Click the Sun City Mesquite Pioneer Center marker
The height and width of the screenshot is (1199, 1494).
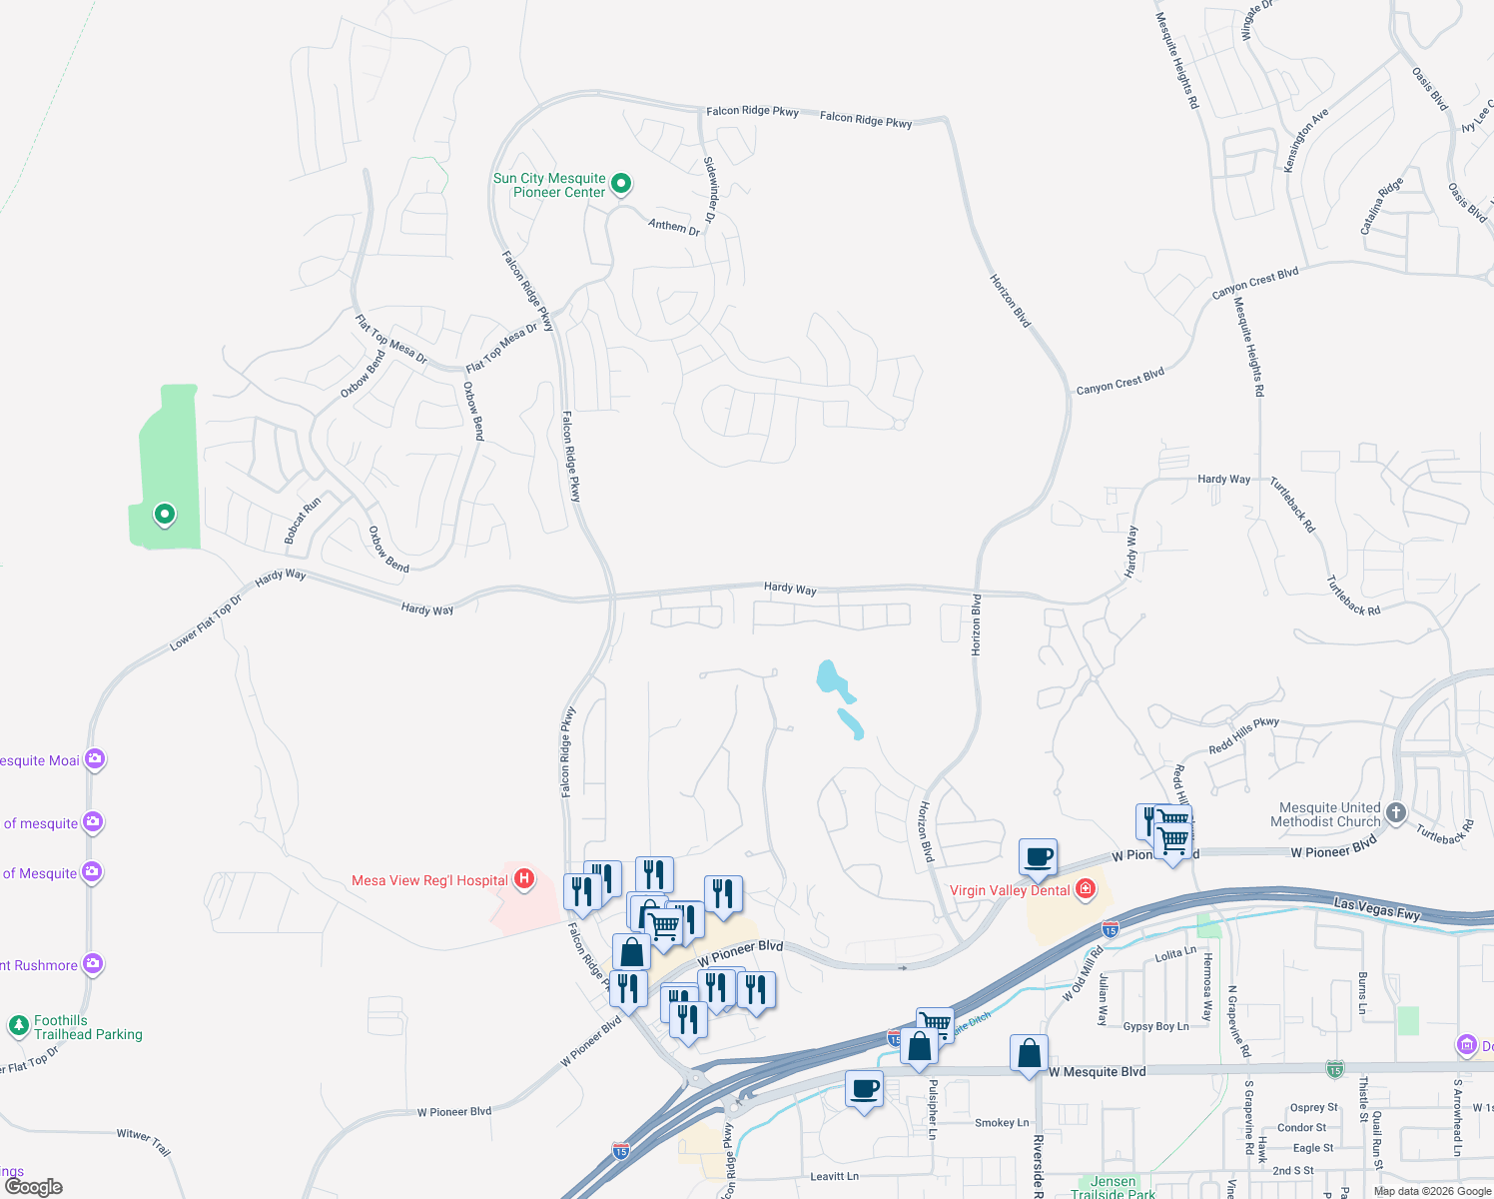pyautogui.click(x=620, y=183)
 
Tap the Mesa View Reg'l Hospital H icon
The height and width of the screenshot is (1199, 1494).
pyautogui.click(x=523, y=879)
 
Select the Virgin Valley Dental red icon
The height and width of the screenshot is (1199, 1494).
pyautogui.click(x=1086, y=889)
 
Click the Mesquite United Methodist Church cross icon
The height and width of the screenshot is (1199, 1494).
pyautogui.click(x=1395, y=813)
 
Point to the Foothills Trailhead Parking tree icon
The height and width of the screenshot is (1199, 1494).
pyautogui.click(x=18, y=1025)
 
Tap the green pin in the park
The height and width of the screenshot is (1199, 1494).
pyautogui.click(x=165, y=515)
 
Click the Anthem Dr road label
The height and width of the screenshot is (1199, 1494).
pyautogui.click(x=674, y=227)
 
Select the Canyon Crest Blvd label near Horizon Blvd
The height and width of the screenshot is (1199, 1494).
pyautogui.click(x=1120, y=381)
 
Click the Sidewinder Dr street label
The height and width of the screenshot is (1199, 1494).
pyautogui.click(x=710, y=189)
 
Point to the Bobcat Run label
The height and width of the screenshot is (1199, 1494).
pyautogui.click(x=303, y=520)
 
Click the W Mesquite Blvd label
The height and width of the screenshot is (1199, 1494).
pyautogui.click(x=1097, y=1072)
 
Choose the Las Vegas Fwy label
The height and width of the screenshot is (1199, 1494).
pyautogui.click(x=1377, y=909)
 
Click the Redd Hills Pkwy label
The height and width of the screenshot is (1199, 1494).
pyautogui.click(x=1243, y=735)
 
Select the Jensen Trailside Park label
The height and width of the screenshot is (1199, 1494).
pyautogui.click(x=1113, y=1187)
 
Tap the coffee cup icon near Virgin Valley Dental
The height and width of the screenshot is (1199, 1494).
pyautogui.click(x=1038, y=856)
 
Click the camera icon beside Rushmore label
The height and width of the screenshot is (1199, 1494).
pyautogui.click(x=93, y=964)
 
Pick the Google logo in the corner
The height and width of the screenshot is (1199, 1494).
pyautogui.click(x=34, y=1187)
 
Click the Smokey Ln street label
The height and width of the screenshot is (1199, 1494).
pyautogui.click(x=1002, y=1123)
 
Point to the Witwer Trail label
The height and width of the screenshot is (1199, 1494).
pyautogui.click(x=144, y=1140)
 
